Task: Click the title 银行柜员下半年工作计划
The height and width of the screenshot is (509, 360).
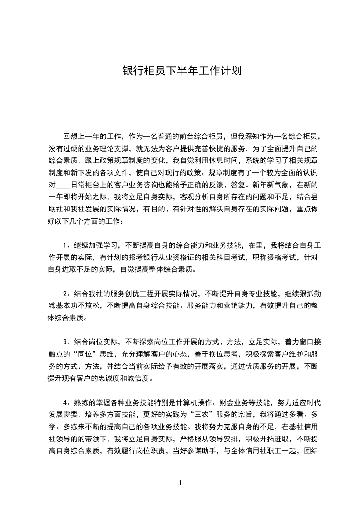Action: pos(181,71)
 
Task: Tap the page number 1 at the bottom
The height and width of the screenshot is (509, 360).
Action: pos(180,483)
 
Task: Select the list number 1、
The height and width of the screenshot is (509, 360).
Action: pos(69,246)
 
